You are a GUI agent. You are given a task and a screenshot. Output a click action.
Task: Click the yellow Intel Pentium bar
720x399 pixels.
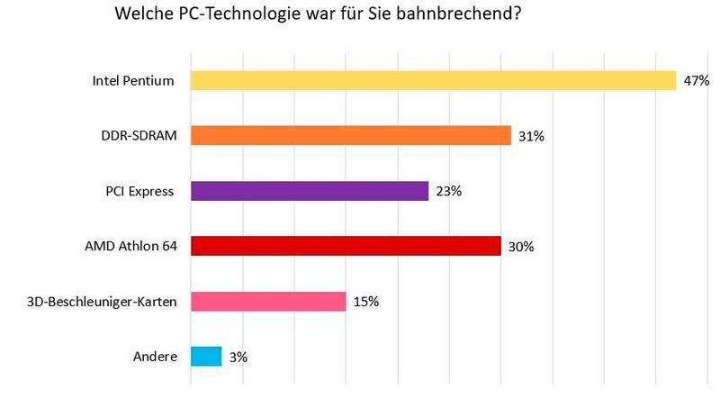[x=433, y=81]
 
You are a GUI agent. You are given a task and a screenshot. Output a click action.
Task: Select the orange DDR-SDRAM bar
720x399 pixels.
[x=351, y=136]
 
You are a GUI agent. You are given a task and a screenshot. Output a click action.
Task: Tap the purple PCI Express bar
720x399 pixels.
[x=310, y=191]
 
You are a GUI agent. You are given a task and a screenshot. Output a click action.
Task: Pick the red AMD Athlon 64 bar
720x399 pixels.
[x=346, y=246]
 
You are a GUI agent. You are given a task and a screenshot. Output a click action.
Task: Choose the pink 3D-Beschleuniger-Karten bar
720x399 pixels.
[x=268, y=301]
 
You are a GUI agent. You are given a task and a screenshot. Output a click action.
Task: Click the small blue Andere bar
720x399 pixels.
[x=206, y=357]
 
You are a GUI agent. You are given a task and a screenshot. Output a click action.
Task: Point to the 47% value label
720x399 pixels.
[x=697, y=81]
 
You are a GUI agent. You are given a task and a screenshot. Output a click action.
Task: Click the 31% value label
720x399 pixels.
[x=531, y=137]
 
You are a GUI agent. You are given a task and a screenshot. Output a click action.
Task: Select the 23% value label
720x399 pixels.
[x=448, y=192]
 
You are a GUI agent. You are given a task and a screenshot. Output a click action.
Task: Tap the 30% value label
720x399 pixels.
[x=520, y=247]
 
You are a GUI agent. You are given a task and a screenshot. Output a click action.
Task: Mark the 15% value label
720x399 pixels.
[x=365, y=302]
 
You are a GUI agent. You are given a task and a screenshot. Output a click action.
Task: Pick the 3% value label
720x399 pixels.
[x=238, y=358]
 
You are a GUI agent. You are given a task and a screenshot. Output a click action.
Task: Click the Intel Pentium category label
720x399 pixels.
[x=133, y=81]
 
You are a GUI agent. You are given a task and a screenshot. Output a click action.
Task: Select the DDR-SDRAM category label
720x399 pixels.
[x=139, y=136]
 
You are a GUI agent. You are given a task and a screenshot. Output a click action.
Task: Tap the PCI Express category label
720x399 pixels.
[x=139, y=191]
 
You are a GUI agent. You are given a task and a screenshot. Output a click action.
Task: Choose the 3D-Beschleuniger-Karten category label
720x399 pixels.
[x=103, y=301]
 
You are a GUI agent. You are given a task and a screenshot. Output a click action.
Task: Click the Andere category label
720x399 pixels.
[x=156, y=357]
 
